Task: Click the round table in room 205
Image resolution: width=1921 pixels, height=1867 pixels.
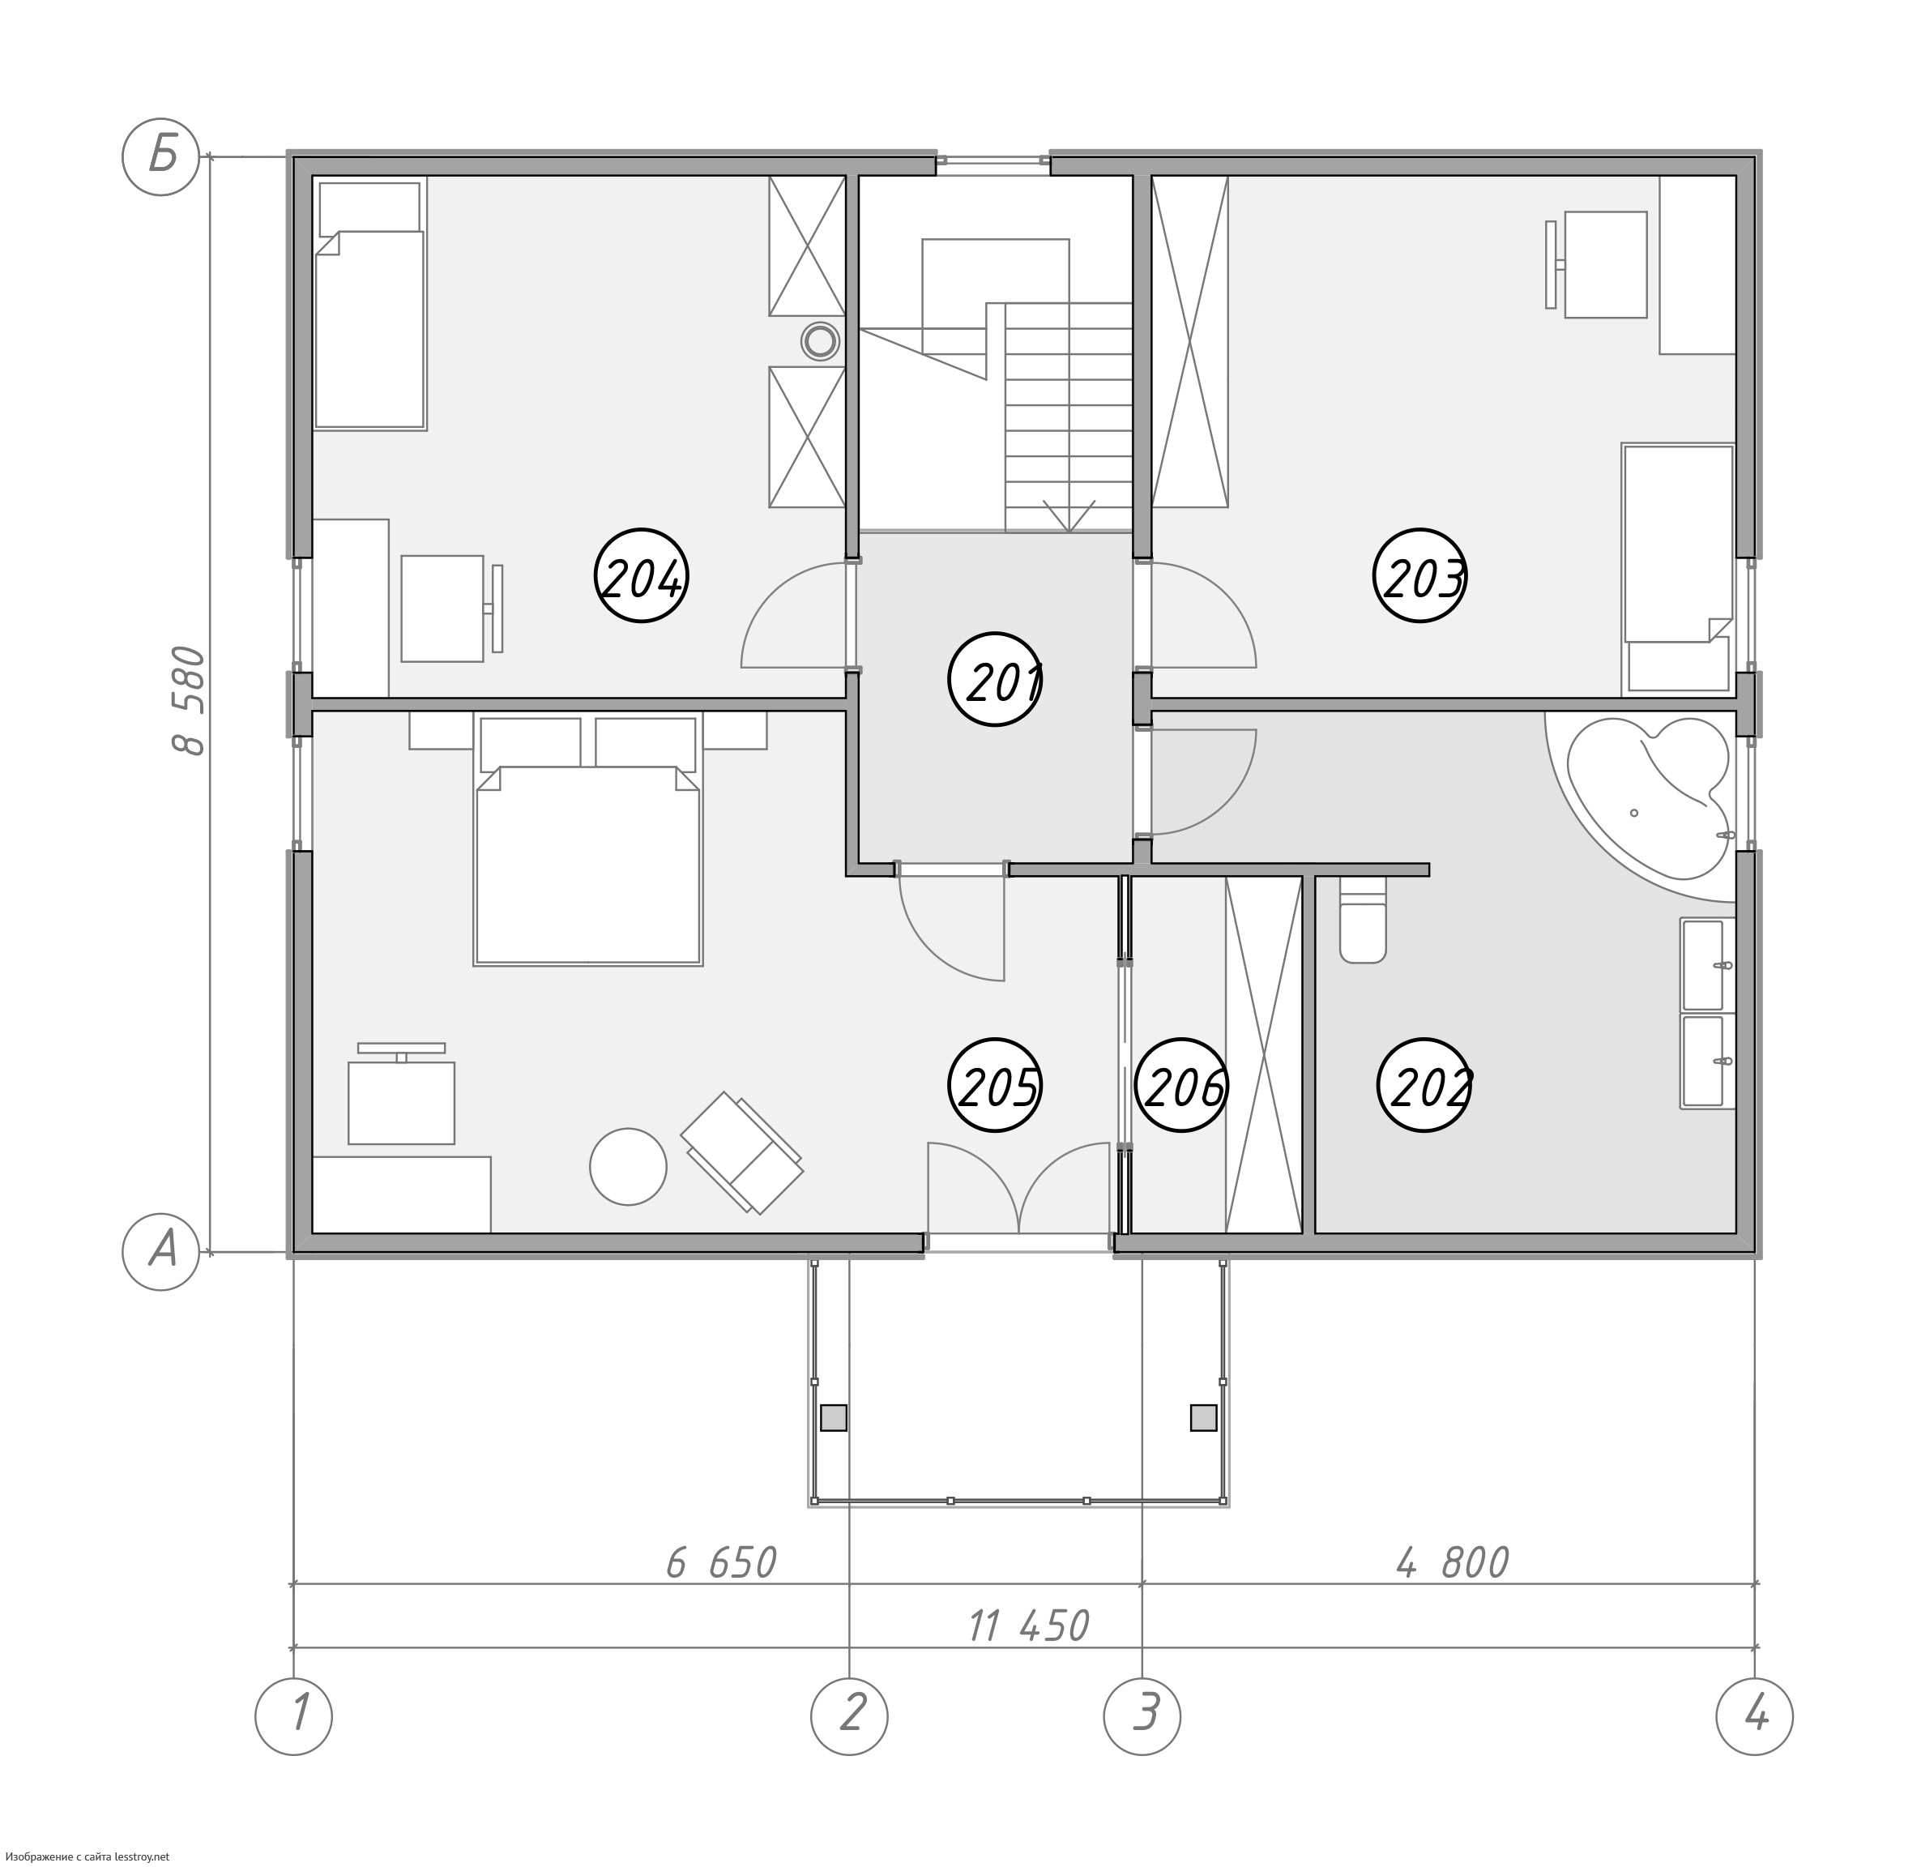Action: coord(629,1167)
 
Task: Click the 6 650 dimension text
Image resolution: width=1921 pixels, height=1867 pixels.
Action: coord(722,1563)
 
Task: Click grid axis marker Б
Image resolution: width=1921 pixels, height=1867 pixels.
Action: coord(160,157)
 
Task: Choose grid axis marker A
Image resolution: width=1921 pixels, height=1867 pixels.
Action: coord(160,1251)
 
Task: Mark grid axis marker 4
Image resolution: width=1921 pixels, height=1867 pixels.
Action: coord(1755,1717)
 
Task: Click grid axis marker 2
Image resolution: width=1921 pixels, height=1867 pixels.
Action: coord(849,1717)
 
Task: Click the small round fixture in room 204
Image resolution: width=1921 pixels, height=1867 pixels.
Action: coord(820,342)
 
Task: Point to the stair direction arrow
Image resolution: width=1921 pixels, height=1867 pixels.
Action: coord(1069,516)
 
